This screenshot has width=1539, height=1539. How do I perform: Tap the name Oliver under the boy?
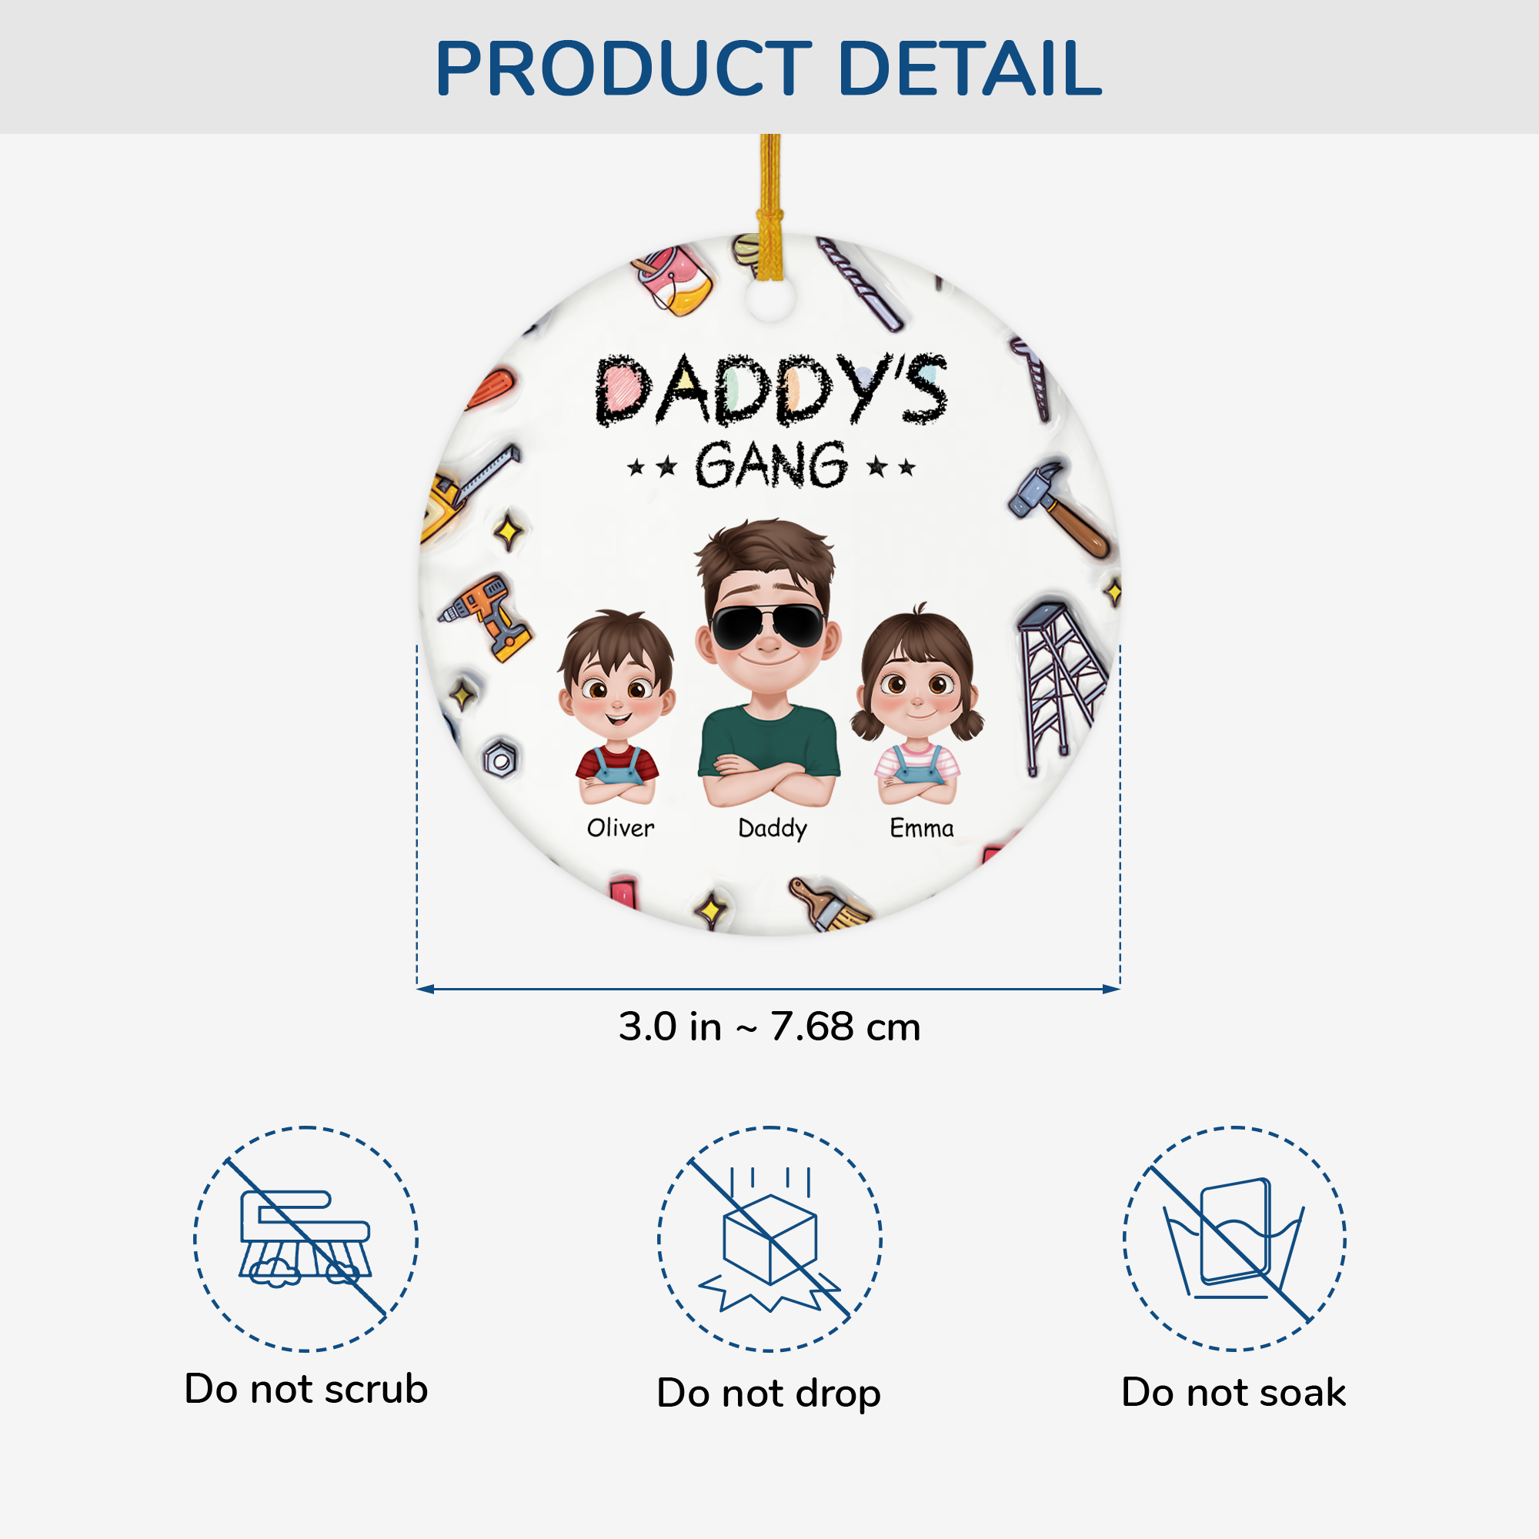(620, 829)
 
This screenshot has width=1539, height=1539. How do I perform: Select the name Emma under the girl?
(921, 829)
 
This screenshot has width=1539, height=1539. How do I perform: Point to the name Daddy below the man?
(772, 830)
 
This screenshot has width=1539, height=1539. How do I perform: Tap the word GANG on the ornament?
(771, 466)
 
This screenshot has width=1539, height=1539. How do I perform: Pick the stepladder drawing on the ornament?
(1059, 685)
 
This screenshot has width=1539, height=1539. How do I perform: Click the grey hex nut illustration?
(501, 759)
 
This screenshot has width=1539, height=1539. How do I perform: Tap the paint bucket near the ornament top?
(674, 279)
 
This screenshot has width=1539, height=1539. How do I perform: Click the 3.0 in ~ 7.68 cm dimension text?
(769, 1027)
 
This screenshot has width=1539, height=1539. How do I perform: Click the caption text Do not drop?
(769, 1394)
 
